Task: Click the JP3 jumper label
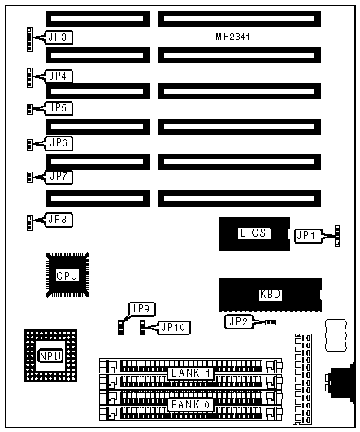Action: [59, 37]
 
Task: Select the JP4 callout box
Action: [59, 76]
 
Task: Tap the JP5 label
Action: [59, 108]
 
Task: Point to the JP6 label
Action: [59, 143]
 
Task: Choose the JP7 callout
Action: [59, 177]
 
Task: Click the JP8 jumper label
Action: [59, 220]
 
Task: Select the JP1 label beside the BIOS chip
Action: [308, 236]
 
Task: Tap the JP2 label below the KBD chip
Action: [239, 322]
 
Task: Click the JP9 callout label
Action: [142, 309]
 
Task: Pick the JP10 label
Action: [174, 328]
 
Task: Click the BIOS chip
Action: [254, 233]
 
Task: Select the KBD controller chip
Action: [271, 295]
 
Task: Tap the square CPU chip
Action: [67, 275]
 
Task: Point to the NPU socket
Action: [50, 356]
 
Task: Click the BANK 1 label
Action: [191, 373]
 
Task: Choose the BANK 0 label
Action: [191, 405]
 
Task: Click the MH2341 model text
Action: [232, 37]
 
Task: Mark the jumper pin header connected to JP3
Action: [29, 39]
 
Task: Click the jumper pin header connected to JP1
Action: [337, 236]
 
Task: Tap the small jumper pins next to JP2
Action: [271, 322]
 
